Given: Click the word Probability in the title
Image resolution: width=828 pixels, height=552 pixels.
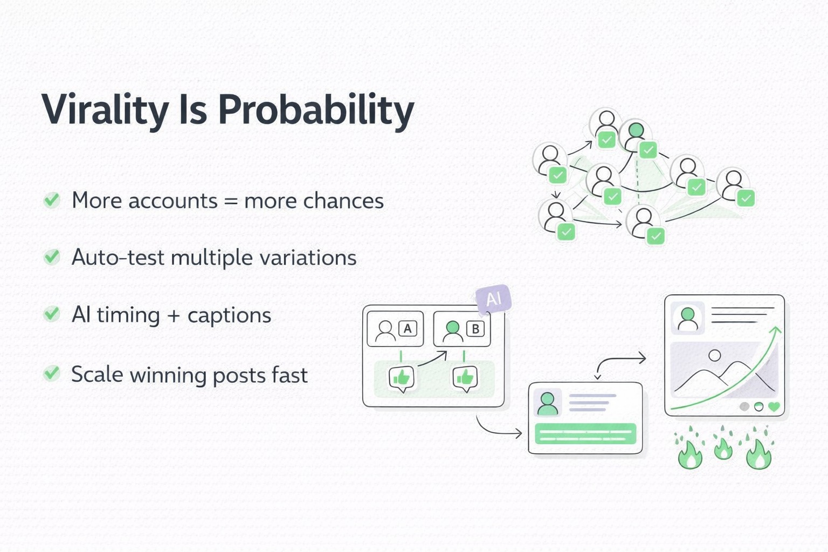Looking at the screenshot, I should tap(316, 111).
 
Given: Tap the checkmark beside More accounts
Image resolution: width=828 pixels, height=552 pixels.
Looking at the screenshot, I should tap(52, 201).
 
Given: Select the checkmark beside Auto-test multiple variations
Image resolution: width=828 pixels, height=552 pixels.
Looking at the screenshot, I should tap(52, 257).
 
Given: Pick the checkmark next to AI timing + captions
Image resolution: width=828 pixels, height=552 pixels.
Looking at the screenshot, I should tap(52, 314).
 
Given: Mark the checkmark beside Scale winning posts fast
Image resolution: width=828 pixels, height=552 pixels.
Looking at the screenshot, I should tap(52, 373).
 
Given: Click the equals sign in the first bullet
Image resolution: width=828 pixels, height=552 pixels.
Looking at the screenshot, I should tap(231, 202).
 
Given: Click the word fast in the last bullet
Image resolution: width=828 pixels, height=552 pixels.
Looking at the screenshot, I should tap(289, 375).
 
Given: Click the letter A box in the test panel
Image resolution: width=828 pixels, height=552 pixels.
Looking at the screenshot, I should tap(408, 328).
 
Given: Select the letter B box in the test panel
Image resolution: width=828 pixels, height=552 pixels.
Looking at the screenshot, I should tap(475, 328).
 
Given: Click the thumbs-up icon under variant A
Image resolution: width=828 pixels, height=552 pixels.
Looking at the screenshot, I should tap(402, 378).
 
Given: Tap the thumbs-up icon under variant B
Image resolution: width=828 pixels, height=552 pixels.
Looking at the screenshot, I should tap(465, 378).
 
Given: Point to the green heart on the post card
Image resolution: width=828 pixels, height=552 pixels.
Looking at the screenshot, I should tap(774, 406).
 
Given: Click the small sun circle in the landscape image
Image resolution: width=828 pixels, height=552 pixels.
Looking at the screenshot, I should tap(715, 356).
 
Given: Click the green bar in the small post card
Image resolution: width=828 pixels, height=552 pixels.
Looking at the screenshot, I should tap(585, 433).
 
